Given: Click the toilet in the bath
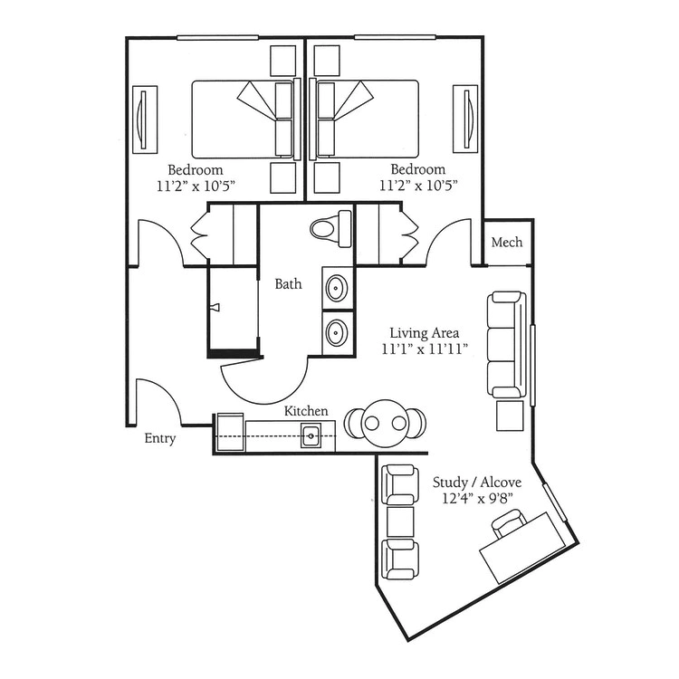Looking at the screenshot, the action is [331, 229].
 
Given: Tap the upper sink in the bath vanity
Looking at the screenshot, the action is [336, 288].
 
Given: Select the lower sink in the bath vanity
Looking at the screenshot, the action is [336, 332].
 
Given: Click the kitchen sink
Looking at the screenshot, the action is [311, 435].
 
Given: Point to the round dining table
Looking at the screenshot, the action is [385, 423].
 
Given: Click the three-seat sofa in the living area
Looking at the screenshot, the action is [507, 345].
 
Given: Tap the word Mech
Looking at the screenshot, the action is [507, 242].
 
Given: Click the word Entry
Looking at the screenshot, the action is [159, 438].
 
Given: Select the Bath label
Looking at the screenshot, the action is [289, 284].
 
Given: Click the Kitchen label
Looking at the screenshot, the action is [306, 410].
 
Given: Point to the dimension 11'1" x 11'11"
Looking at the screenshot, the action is [425, 349].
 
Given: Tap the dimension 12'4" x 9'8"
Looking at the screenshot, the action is [477, 499].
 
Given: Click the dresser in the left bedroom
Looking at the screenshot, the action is [145, 120].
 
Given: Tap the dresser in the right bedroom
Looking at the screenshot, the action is [465, 120].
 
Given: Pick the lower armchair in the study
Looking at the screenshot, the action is [399, 559].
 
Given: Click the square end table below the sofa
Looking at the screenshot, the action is [510, 416].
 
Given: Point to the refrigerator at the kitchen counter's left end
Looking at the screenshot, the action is [230, 433].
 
